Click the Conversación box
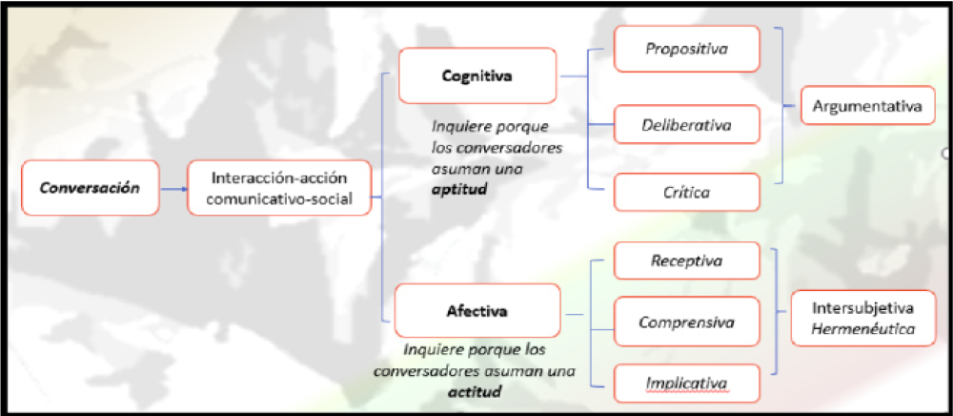click(x=90, y=188)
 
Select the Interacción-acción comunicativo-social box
click(x=278, y=188)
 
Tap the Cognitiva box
click(x=477, y=75)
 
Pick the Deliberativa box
click(x=686, y=123)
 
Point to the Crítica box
click(x=686, y=192)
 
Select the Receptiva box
click(x=686, y=260)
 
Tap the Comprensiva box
click(x=686, y=322)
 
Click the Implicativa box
click(x=686, y=384)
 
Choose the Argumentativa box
click(x=867, y=107)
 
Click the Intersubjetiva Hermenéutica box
click(x=862, y=318)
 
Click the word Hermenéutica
click(x=862, y=328)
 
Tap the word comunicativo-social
click(x=278, y=198)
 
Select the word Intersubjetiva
click(x=862, y=308)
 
